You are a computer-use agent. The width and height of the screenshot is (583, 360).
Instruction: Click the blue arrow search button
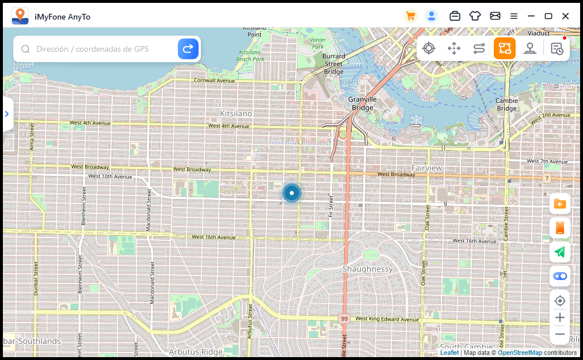[x=188, y=49]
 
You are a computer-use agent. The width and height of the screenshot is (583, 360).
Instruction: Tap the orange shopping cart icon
[x=410, y=16]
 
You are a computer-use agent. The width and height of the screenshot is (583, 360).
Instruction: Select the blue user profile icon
[x=432, y=16]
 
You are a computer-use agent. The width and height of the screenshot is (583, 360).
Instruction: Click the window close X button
[x=566, y=16]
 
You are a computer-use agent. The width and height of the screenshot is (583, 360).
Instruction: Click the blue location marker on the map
[x=292, y=193]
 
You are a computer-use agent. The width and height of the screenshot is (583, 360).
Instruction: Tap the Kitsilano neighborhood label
[x=236, y=113]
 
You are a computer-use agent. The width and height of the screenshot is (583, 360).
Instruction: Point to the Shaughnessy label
[x=367, y=269]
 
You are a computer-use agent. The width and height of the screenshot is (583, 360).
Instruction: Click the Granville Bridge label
[x=363, y=104]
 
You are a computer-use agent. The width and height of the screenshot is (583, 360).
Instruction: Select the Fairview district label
[x=426, y=168]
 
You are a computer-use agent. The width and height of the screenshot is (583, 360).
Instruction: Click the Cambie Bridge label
[x=506, y=104]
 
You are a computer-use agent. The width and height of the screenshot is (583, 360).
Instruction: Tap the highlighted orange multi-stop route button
[x=505, y=48]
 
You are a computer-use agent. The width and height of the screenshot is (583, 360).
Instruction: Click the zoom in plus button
[x=559, y=317]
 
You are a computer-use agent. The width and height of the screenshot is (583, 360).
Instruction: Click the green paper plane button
[x=559, y=251]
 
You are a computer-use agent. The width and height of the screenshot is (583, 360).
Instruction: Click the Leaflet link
[x=449, y=353]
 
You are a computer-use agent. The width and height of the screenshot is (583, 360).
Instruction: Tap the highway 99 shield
[x=344, y=318]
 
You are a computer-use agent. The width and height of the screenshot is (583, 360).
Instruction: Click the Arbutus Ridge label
[x=196, y=352]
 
